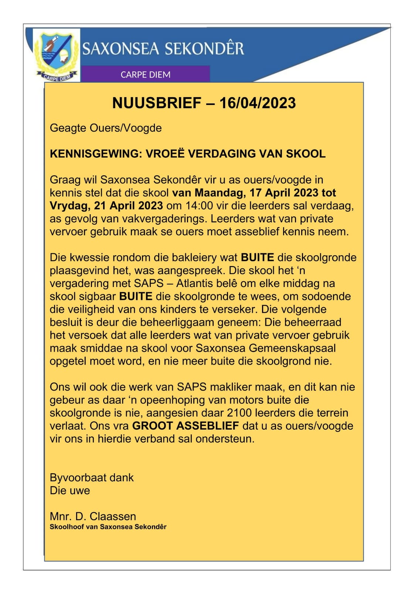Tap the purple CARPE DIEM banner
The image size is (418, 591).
coord(145,74)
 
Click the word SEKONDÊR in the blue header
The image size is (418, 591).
coord(204,49)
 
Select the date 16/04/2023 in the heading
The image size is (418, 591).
coord(258,103)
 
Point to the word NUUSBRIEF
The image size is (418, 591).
coord(157,103)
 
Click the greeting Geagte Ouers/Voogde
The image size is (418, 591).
coord(106,128)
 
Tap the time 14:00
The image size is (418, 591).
coord(198,206)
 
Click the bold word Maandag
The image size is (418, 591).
coord(219,193)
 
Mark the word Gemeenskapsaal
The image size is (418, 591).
coord(292,348)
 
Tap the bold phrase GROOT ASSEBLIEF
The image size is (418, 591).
coord(186,426)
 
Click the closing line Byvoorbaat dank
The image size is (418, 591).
coord(92,478)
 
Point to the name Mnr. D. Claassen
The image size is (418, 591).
coord(93,516)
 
